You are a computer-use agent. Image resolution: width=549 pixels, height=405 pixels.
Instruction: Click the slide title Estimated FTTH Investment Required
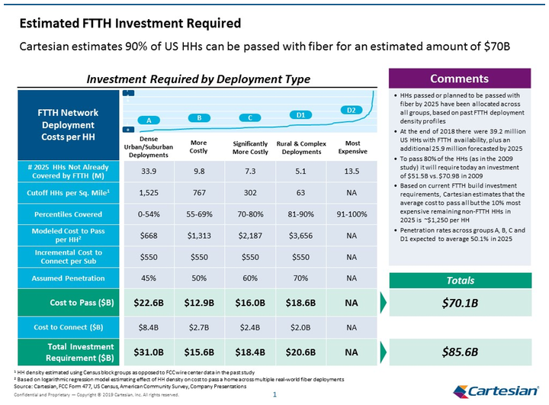tap(130, 24)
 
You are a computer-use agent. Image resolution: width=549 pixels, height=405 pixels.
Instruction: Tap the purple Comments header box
tap(459, 79)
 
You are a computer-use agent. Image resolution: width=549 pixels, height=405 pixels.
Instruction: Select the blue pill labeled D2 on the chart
tap(351, 111)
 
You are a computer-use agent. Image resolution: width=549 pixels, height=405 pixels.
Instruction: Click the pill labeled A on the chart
tap(149, 121)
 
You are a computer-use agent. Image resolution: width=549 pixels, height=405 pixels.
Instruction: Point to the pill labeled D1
tap(301, 115)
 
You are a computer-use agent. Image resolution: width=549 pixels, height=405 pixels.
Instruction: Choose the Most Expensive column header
tap(352, 147)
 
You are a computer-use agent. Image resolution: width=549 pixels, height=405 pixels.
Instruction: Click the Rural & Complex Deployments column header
tap(301, 147)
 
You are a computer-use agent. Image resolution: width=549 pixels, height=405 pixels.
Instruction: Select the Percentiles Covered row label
tap(69, 214)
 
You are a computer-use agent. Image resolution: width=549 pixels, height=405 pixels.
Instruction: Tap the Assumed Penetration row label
tap(69, 278)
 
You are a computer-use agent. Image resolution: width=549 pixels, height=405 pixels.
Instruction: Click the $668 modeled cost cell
tap(149, 236)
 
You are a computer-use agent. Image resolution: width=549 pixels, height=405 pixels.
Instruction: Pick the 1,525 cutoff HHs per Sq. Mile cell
tap(149, 194)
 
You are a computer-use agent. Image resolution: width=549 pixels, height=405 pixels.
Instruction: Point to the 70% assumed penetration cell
tap(301, 278)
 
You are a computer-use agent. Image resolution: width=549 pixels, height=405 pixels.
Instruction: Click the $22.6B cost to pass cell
tap(149, 303)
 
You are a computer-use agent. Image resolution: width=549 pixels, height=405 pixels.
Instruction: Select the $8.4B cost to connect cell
tap(149, 328)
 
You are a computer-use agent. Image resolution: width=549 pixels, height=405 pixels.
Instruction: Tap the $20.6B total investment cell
tap(301, 352)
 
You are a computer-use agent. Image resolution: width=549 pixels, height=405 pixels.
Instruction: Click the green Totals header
tap(459, 280)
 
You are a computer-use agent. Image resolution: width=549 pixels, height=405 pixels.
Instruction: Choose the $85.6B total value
tap(459, 352)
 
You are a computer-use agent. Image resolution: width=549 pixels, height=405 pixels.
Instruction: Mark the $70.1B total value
tap(459, 303)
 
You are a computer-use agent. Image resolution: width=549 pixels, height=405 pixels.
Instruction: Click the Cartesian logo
tap(496, 391)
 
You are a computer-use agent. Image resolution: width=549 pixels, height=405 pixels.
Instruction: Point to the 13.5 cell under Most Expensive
tap(352, 171)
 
